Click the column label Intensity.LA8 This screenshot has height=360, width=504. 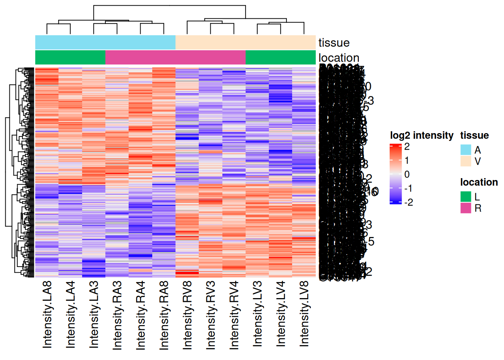(x=47, y=314)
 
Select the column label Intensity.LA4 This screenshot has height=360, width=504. (x=70, y=314)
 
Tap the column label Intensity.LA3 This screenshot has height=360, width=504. (x=94, y=314)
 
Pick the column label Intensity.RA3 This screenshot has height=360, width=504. (x=117, y=315)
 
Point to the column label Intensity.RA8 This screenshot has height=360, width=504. (x=164, y=315)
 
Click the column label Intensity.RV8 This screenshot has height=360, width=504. (x=187, y=315)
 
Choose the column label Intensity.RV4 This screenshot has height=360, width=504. (x=234, y=315)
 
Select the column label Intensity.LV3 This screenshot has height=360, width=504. (x=257, y=313)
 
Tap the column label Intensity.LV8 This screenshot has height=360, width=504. (x=304, y=313)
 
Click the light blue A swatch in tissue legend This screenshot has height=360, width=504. (x=466, y=150)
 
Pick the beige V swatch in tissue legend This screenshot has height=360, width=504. (x=466, y=161)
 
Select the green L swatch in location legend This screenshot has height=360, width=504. (x=466, y=196)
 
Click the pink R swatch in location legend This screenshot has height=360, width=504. (x=466, y=208)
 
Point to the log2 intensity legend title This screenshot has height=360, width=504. (x=421, y=135)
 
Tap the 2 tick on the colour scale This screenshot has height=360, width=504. (x=407, y=147)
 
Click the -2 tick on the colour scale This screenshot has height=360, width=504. (x=408, y=202)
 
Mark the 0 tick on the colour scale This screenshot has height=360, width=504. (x=407, y=174)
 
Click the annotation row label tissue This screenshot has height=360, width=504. (x=334, y=43)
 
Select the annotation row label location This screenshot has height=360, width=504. (x=339, y=58)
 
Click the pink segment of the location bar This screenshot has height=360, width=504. (x=175, y=57)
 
